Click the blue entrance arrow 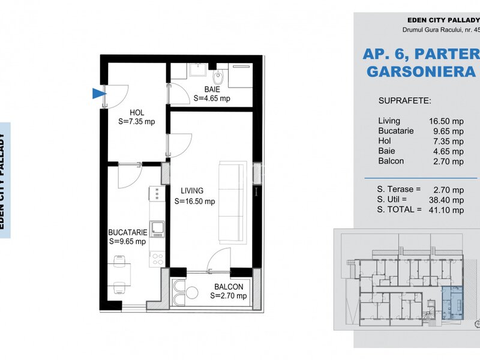tap(98, 94)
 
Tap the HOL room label tap(137, 113)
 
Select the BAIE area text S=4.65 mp tap(212, 98)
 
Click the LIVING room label tap(192, 191)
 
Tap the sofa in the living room tap(233, 202)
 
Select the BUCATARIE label tap(128, 232)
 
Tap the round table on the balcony tap(192, 292)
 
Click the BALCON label tap(229, 287)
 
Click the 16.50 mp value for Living tap(446, 121)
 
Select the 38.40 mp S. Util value tap(446, 200)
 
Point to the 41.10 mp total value tap(446, 210)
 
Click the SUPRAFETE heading tap(404, 101)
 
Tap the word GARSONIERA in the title tap(421, 71)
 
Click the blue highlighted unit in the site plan tap(452, 303)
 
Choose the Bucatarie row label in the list tap(396, 131)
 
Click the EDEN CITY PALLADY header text tap(443, 20)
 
